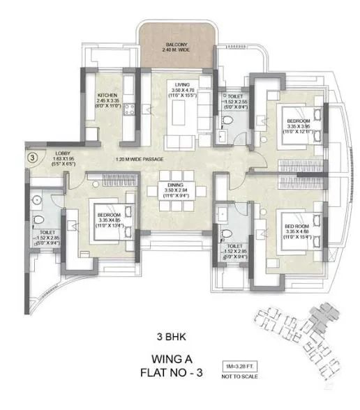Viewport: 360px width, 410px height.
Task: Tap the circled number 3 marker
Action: pos(32,158)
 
